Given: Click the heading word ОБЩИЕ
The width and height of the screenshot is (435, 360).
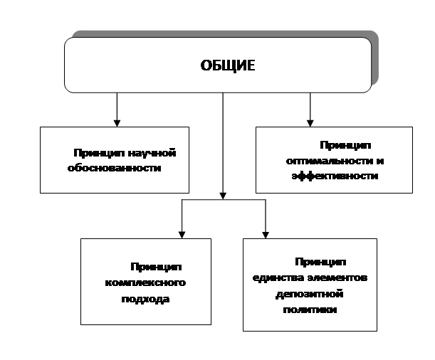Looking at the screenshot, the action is pyautogui.click(x=228, y=65).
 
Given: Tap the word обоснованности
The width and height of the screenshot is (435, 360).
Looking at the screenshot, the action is pyautogui.click(x=115, y=168).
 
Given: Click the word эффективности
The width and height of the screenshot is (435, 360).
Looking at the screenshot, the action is pyautogui.click(x=335, y=176).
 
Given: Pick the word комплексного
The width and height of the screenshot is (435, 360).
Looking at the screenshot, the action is pyautogui.click(x=145, y=282).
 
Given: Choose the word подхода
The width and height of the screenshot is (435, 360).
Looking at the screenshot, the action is pyautogui.click(x=145, y=299).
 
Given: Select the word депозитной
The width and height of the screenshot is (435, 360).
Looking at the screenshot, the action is pyautogui.click(x=309, y=294).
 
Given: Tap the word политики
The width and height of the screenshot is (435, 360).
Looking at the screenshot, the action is pyautogui.click(x=310, y=309).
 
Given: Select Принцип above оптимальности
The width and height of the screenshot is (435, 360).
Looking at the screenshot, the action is pyautogui.click(x=345, y=145).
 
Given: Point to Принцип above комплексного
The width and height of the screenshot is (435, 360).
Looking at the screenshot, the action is pyautogui.click(x=156, y=267).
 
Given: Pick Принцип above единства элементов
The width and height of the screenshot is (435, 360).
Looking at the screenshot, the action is pyautogui.click(x=320, y=262).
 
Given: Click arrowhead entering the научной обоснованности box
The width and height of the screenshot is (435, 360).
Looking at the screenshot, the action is pyautogui.click(x=117, y=123).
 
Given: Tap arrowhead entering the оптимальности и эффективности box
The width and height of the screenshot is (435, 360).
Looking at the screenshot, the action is pyautogui.click(x=310, y=123).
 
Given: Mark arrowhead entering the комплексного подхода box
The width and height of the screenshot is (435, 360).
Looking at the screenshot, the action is pyautogui.click(x=182, y=235).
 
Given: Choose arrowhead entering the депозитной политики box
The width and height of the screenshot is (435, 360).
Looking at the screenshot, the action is pyautogui.click(x=266, y=235).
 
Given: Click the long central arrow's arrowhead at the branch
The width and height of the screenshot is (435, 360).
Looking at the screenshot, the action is pyautogui.click(x=223, y=196).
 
